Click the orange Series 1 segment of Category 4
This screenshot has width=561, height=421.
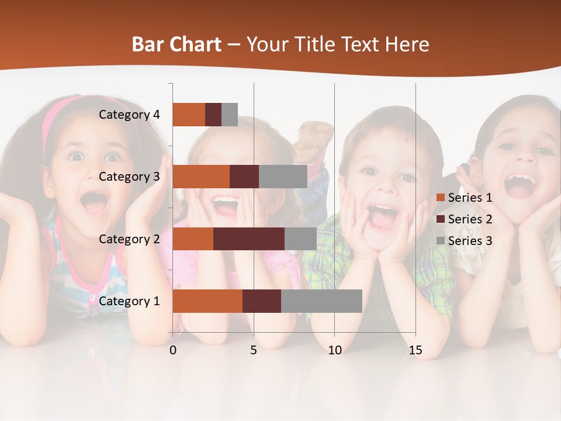click(189, 115)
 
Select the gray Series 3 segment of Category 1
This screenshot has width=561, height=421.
click(321, 301)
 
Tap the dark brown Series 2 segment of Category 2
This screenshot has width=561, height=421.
click(249, 239)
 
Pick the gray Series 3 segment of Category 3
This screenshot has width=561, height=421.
click(283, 177)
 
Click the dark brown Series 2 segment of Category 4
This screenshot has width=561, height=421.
click(213, 115)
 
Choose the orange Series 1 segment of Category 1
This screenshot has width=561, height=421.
click(207, 301)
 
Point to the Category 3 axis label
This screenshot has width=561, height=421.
click(129, 177)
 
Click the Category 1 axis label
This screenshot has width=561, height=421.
click(129, 301)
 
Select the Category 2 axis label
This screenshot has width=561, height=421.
click(129, 239)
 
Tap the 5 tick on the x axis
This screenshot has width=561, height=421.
click(254, 350)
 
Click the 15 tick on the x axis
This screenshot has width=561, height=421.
click(415, 350)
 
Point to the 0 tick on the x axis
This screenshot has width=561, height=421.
click(173, 350)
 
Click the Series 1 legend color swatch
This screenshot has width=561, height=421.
click(441, 198)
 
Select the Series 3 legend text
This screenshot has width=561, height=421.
click(470, 241)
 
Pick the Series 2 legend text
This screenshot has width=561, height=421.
click(470, 219)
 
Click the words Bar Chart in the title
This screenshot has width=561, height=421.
click(176, 44)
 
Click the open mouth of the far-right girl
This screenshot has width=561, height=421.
click(520, 185)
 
